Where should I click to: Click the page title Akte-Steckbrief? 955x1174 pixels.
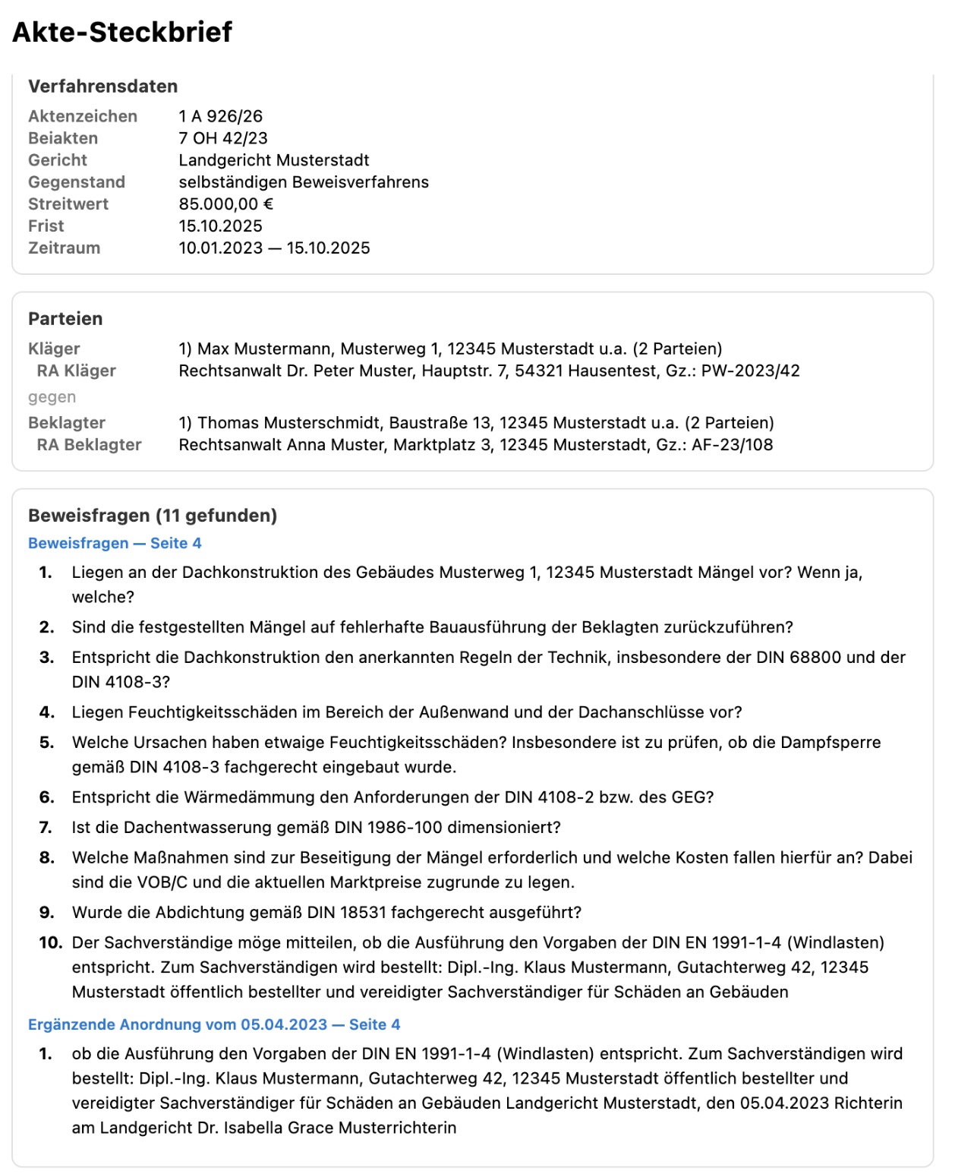122,32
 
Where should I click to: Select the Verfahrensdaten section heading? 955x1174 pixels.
102,87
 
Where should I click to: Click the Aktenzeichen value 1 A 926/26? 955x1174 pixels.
220,116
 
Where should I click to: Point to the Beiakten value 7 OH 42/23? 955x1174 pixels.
223,138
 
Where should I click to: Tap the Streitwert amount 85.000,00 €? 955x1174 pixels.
225,204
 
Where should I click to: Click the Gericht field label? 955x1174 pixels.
58,160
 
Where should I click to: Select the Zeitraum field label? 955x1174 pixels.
64,248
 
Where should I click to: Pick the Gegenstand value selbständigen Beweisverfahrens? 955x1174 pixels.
304,182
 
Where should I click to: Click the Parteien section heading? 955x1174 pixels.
65,319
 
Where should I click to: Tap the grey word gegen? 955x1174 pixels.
52,397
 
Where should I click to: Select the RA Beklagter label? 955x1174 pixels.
89,445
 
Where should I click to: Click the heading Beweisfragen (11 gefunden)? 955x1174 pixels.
153,516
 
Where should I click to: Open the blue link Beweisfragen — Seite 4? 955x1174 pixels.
115,543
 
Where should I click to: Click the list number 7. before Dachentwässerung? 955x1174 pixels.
46,828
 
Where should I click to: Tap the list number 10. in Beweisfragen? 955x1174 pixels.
50,943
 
